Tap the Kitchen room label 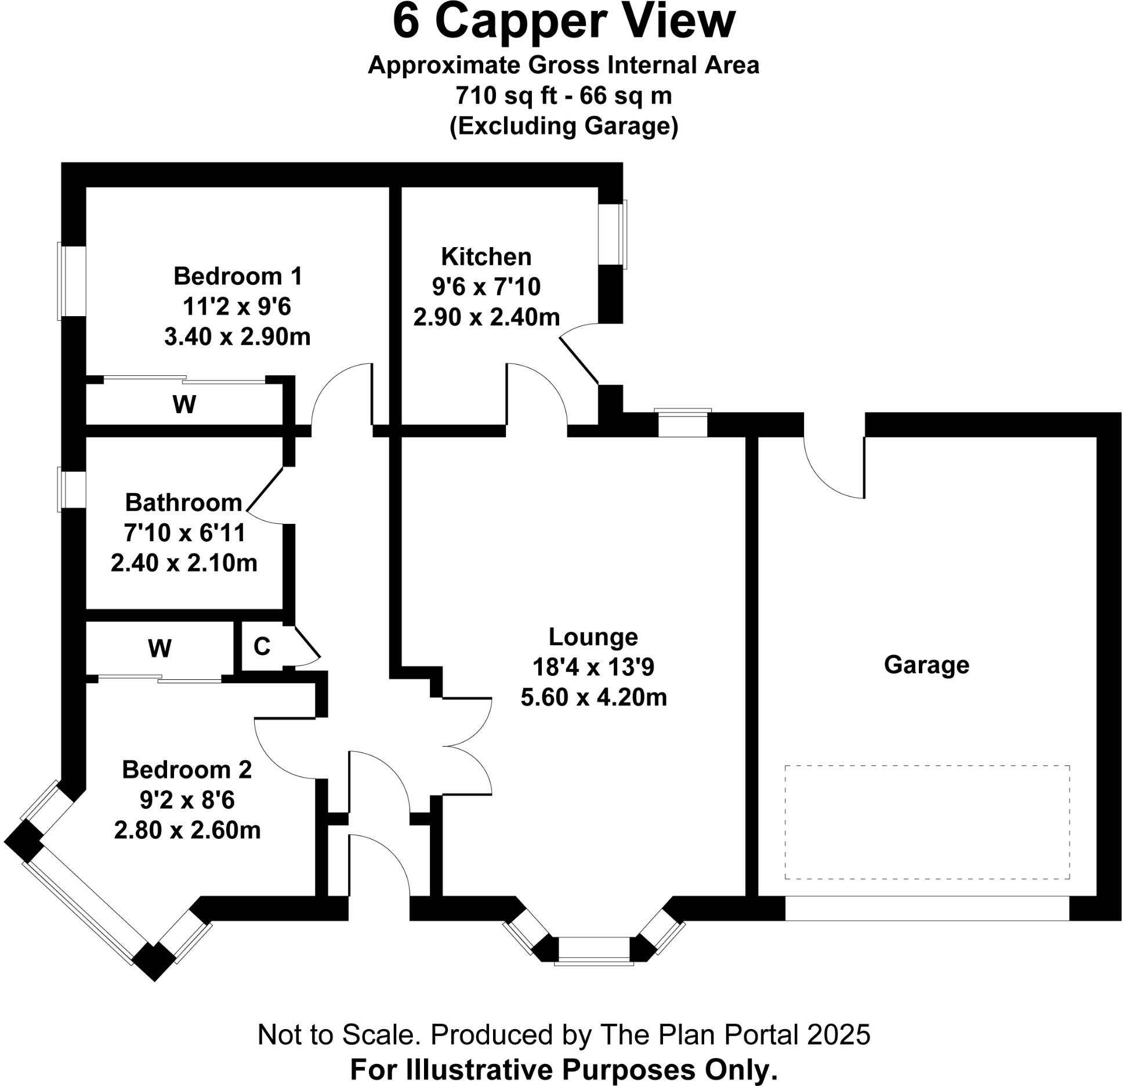click(486, 256)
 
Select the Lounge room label click(593, 637)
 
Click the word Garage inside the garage click(926, 665)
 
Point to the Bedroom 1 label click(238, 276)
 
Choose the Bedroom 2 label click(187, 770)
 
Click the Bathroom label click(183, 502)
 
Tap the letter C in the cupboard click(262, 646)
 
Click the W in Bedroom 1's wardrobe click(184, 404)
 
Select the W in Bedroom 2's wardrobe click(160, 648)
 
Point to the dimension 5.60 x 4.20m click(593, 697)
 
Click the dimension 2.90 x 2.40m click(486, 317)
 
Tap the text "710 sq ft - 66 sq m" click(563, 96)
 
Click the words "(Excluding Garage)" click(563, 126)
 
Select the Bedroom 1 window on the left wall click(72, 281)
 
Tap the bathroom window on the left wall click(72, 491)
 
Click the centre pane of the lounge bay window click(593, 949)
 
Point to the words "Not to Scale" click(336, 1034)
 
